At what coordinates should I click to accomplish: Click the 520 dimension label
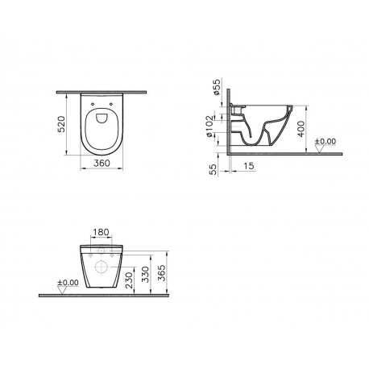(x=61, y=124)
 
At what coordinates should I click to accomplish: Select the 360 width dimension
(x=102, y=163)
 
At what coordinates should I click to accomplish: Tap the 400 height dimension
(x=301, y=129)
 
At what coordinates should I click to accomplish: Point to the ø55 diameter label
(x=216, y=86)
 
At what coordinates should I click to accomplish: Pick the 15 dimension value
(x=249, y=166)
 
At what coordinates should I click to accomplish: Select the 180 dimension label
(x=101, y=232)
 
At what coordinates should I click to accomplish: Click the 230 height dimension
(x=130, y=280)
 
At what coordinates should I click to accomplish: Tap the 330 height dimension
(x=145, y=274)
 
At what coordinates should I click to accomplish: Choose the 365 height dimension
(x=162, y=273)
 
